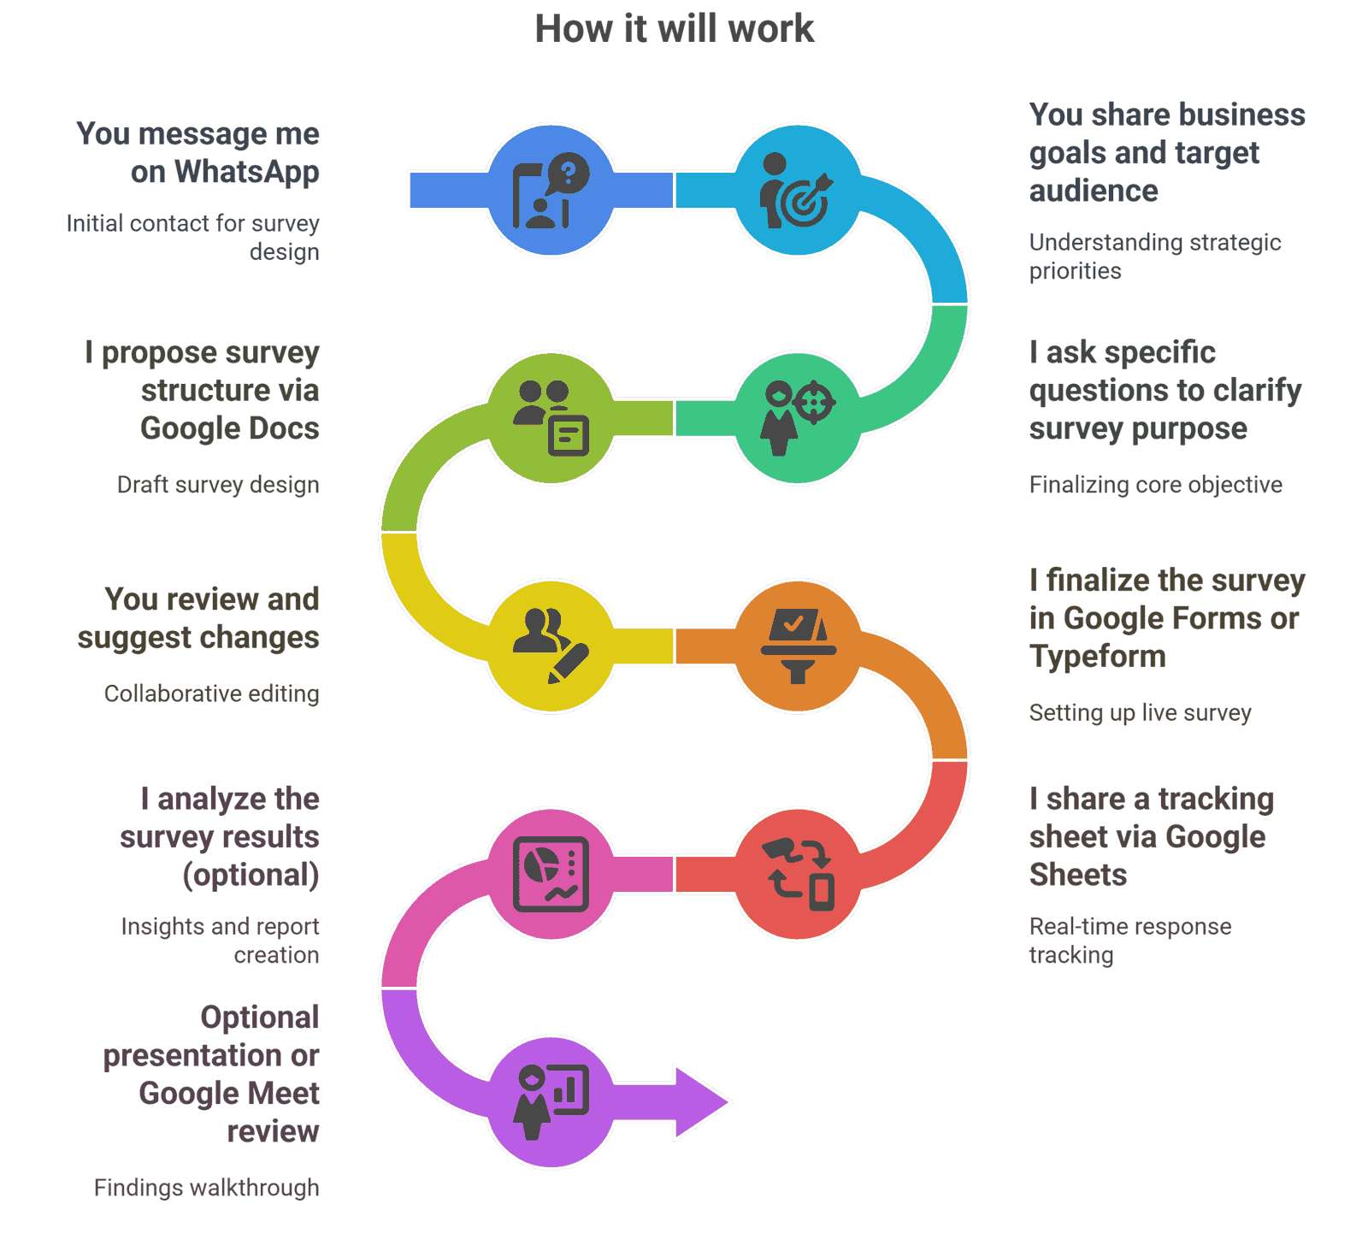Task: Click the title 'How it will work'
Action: (x=674, y=29)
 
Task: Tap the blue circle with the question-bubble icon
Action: (x=551, y=190)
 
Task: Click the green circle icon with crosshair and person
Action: (x=798, y=417)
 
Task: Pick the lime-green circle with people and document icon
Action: (x=551, y=417)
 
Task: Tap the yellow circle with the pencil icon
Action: (x=551, y=646)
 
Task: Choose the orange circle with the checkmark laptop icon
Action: (x=798, y=646)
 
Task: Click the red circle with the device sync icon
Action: (x=798, y=874)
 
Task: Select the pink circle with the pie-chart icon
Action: (x=551, y=874)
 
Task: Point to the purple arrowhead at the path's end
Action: (x=701, y=1101)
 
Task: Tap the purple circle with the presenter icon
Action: (x=551, y=1101)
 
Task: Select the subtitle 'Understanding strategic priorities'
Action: (x=1154, y=257)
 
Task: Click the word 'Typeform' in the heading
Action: (x=1098, y=657)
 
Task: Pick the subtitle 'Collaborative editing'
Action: (x=211, y=693)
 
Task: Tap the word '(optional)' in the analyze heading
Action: (x=251, y=875)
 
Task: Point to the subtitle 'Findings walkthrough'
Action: (x=206, y=1188)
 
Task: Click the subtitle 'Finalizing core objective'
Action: (x=1155, y=485)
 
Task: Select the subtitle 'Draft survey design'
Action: (x=218, y=485)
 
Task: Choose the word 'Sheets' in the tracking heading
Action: (x=1078, y=875)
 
